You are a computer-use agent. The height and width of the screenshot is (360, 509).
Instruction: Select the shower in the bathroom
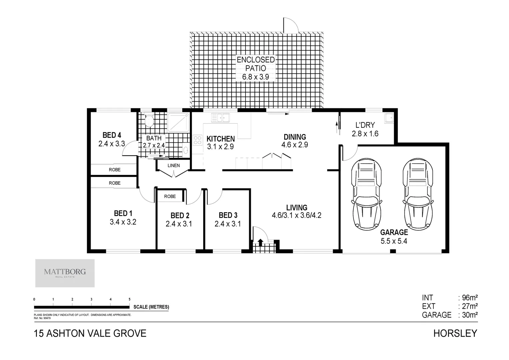[x=178, y=122]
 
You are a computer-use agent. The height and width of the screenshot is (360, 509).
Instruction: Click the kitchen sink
[x=221, y=118]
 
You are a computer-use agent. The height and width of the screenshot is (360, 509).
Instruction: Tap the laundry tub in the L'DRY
[x=388, y=118]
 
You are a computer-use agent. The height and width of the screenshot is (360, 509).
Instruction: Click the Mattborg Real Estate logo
[x=65, y=273]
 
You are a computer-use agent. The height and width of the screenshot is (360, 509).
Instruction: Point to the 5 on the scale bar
[x=130, y=299]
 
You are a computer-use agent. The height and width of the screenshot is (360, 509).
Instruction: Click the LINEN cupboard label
[x=174, y=165]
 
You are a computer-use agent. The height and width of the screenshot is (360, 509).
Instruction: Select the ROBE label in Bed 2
[x=170, y=196]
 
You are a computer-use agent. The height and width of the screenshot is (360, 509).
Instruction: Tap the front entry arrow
[x=260, y=242]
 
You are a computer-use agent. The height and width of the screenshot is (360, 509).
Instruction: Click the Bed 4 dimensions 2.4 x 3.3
[x=112, y=144]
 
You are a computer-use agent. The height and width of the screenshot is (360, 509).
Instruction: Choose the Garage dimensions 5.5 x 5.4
[x=394, y=241]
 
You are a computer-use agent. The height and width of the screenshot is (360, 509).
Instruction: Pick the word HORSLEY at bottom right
[x=455, y=333]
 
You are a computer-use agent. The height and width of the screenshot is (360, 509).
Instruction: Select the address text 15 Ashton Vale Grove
[x=90, y=333]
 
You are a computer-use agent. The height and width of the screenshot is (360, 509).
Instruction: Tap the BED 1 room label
[x=123, y=213]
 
